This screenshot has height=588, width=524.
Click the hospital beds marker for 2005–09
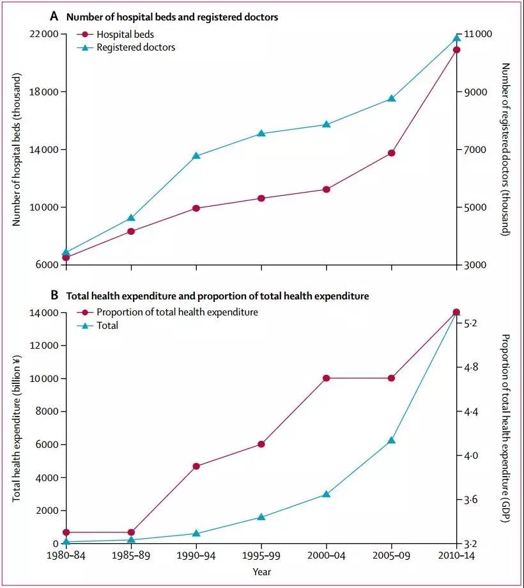click(391, 153)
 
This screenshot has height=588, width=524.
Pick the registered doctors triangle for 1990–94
click(196, 155)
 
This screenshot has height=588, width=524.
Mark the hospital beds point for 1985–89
click(131, 231)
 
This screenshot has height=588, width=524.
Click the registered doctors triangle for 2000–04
click(326, 124)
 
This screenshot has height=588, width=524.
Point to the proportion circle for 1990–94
click(196, 466)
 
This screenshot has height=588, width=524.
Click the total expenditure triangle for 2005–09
click(391, 440)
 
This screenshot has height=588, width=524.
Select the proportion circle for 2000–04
click(326, 378)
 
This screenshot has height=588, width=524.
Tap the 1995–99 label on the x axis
click(261, 557)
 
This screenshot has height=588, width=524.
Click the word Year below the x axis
click(261, 571)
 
